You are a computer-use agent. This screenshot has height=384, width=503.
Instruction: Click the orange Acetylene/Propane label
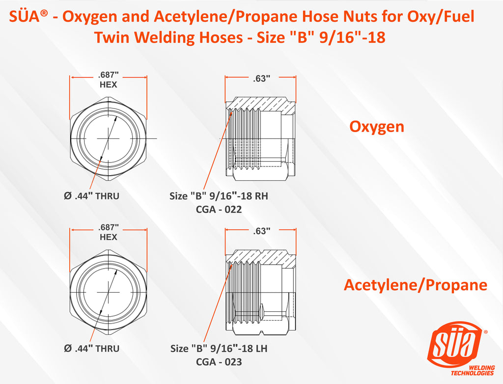coord(415,285)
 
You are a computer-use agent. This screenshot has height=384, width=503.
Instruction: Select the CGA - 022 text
coord(219,209)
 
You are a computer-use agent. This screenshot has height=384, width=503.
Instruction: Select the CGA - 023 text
coord(219,362)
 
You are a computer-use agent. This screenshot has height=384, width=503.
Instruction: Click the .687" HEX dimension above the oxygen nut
coord(109,80)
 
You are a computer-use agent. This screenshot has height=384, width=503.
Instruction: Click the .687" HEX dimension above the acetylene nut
coord(109,232)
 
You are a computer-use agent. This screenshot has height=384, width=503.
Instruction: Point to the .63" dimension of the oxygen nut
coord(261,79)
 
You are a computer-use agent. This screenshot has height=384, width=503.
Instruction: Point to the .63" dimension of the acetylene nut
coord(261,231)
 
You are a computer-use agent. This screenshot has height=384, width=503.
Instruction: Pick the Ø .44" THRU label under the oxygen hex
coord(92,196)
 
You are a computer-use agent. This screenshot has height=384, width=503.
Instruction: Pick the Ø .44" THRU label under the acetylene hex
coord(92,349)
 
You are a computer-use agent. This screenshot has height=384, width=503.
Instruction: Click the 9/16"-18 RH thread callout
coord(219,196)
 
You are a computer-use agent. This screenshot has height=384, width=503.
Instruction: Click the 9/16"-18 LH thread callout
coord(219,349)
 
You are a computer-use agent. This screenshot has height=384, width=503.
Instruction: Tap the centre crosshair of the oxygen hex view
coord(109,139)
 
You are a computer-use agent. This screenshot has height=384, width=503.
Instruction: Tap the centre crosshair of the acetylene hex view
coord(109,292)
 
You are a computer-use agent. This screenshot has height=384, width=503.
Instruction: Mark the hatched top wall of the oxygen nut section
coord(260,103)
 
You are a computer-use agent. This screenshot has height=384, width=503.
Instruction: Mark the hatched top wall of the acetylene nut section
coord(260,257)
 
